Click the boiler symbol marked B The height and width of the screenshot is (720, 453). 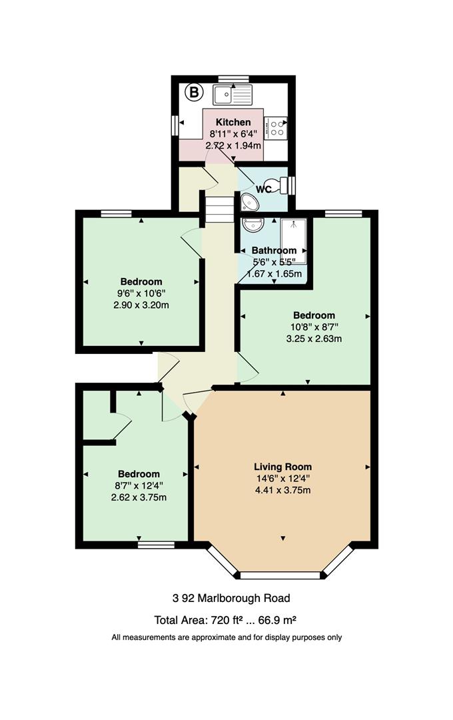click(x=194, y=93)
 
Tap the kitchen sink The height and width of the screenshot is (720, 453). click(x=232, y=95)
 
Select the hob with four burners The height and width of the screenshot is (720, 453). click(x=276, y=127)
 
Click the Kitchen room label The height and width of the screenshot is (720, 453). click(x=233, y=122)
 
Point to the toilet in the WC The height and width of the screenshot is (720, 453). click(x=280, y=185)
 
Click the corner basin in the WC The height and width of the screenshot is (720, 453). click(x=250, y=201)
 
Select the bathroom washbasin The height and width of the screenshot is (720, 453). click(x=253, y=225)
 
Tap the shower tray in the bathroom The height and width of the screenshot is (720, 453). click(x=293, y=241)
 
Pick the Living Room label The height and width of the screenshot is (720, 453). click(x=282, y=467)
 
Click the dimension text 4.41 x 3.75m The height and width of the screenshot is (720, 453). click(x=282, y=490)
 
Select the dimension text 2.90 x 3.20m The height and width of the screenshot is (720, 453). click(x=141, y=305)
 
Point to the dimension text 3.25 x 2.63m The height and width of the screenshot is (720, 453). click(x=314, y=339)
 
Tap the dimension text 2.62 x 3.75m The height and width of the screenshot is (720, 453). click(x=139, y=497)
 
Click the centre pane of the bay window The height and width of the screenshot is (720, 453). click(x=280, y=575)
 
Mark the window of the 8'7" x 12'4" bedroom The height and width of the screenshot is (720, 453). click(x=156, y=545)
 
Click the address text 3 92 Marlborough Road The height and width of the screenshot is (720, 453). click(x=231, y=598)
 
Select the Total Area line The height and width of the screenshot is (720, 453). click(x=225, y=621)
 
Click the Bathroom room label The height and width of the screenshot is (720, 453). click(x=274, y=251)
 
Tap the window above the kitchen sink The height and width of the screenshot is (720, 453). click(x=234, y=79)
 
